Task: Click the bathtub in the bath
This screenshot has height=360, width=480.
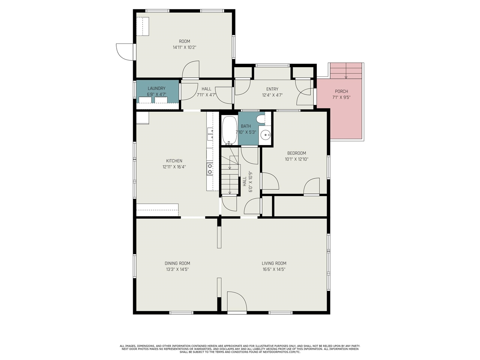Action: [x=229, y=130]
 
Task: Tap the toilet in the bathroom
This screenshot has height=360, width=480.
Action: [x=260, y=119]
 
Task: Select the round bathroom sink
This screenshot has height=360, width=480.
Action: [x=266, y=134]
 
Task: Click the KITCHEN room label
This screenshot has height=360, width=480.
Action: [x=174, y=161]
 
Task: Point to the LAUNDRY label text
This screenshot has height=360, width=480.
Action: [x=157, y=88]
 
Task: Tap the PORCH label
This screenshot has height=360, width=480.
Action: [x=341, y=91]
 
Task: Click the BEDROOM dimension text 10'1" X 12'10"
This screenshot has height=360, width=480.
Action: [x=297, y=159]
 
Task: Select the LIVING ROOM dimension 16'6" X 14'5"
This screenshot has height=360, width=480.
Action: [x=274, y=269]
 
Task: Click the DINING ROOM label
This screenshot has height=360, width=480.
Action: [x=177, y=263]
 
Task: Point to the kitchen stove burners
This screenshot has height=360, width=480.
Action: [x=210, y=169]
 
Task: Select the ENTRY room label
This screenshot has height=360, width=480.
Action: [x=272, y=89]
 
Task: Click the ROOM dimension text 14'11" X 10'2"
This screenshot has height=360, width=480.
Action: [x=184, y=47]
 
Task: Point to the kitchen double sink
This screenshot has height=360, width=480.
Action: [x=210, y=134]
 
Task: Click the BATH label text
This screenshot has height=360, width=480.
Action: [x=246, y=126]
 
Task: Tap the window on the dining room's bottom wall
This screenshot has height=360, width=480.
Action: [x=181, y=313]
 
